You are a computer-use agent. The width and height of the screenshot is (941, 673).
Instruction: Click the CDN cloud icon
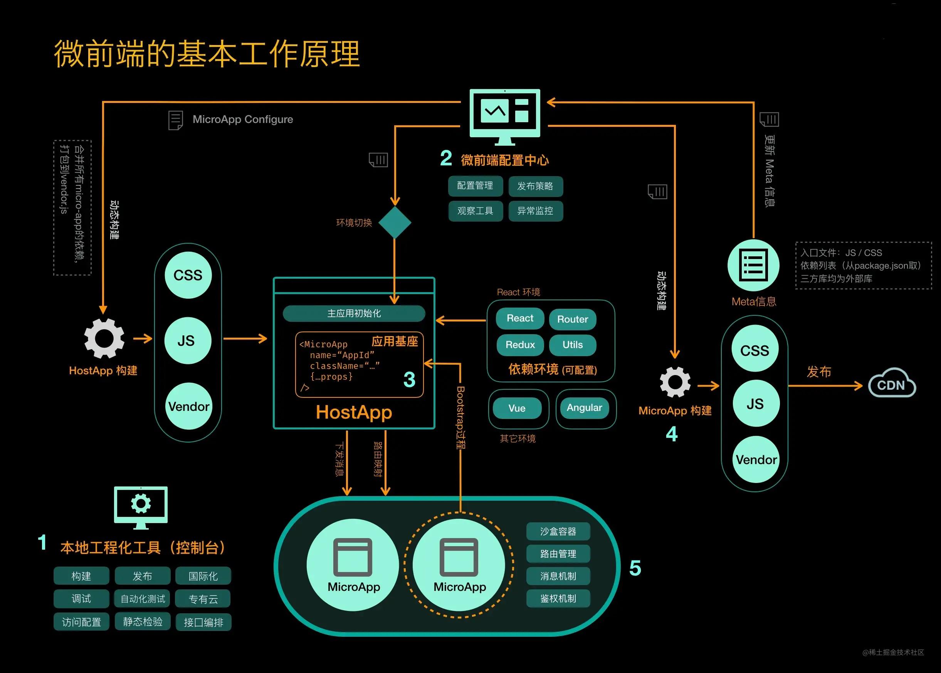892,383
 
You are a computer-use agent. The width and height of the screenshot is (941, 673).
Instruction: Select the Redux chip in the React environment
520,345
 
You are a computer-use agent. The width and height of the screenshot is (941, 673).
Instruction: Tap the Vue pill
517,408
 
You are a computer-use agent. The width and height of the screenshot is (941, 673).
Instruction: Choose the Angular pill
584,408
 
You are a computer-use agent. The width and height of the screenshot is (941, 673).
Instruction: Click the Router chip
572,319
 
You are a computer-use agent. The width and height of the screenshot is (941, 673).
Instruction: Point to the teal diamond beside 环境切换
395,222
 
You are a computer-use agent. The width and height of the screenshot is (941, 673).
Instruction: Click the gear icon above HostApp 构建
104,338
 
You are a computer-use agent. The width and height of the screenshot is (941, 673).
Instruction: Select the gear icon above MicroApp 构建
675,382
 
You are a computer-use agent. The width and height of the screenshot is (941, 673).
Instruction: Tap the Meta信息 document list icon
753,265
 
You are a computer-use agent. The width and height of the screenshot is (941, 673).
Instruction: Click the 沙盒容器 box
558,532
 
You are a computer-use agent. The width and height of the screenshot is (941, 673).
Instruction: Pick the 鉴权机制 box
558,598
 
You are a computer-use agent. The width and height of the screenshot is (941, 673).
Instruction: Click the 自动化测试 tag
143,599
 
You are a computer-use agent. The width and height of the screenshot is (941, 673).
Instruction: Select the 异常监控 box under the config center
535,211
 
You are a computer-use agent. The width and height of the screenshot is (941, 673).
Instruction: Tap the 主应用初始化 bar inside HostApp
354,313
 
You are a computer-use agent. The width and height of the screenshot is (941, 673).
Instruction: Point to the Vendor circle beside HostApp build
188,406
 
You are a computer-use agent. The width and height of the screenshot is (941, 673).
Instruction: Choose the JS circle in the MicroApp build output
754,404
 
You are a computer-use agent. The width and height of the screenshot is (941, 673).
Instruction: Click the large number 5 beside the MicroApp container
635,568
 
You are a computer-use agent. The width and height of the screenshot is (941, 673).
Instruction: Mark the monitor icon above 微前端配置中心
504,116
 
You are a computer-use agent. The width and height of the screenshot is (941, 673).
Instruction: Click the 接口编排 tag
203,622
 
